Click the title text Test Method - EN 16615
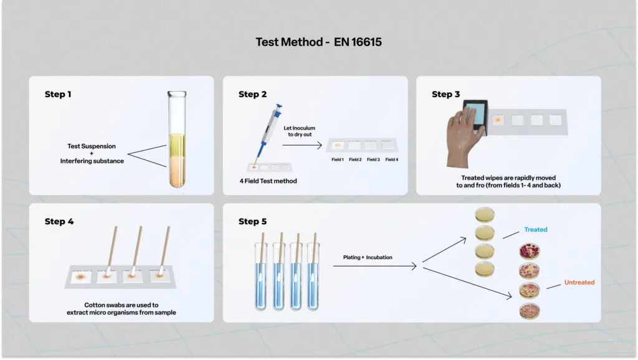[318, 42]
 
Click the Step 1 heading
[58, 95]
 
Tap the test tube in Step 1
[177, 139]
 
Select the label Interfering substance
[92, 161]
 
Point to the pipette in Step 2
[268, 135]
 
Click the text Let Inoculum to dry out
[300, 131]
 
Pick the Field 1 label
[337, 159]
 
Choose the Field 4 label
[392, 159]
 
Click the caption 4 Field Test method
[268, 181]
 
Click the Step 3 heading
[445, 95]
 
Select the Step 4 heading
[59, 222]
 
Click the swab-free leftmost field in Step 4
[80, 277]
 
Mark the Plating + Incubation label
[368, 257]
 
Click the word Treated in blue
[535, 229]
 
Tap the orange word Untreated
[579, 282]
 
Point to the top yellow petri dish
[485, 214]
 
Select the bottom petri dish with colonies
[530, 311]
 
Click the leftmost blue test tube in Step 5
[261, 277]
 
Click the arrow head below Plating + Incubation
[414, 266]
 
